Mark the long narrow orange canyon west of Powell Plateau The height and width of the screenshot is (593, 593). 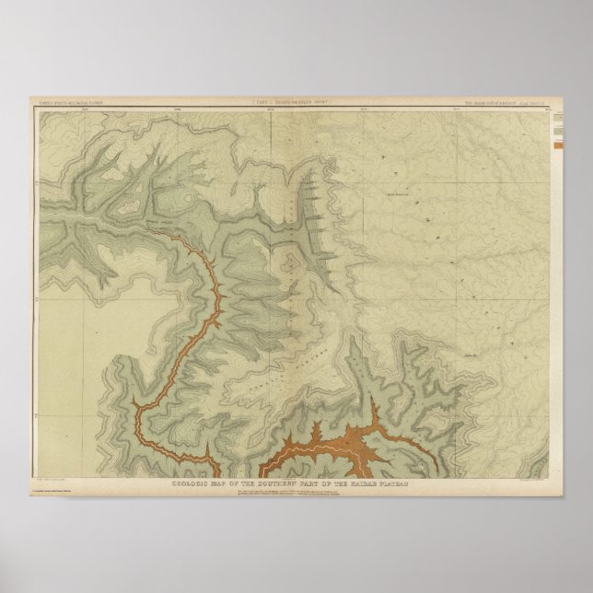[197, 322]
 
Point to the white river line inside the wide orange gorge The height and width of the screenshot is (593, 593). [331, 443]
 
